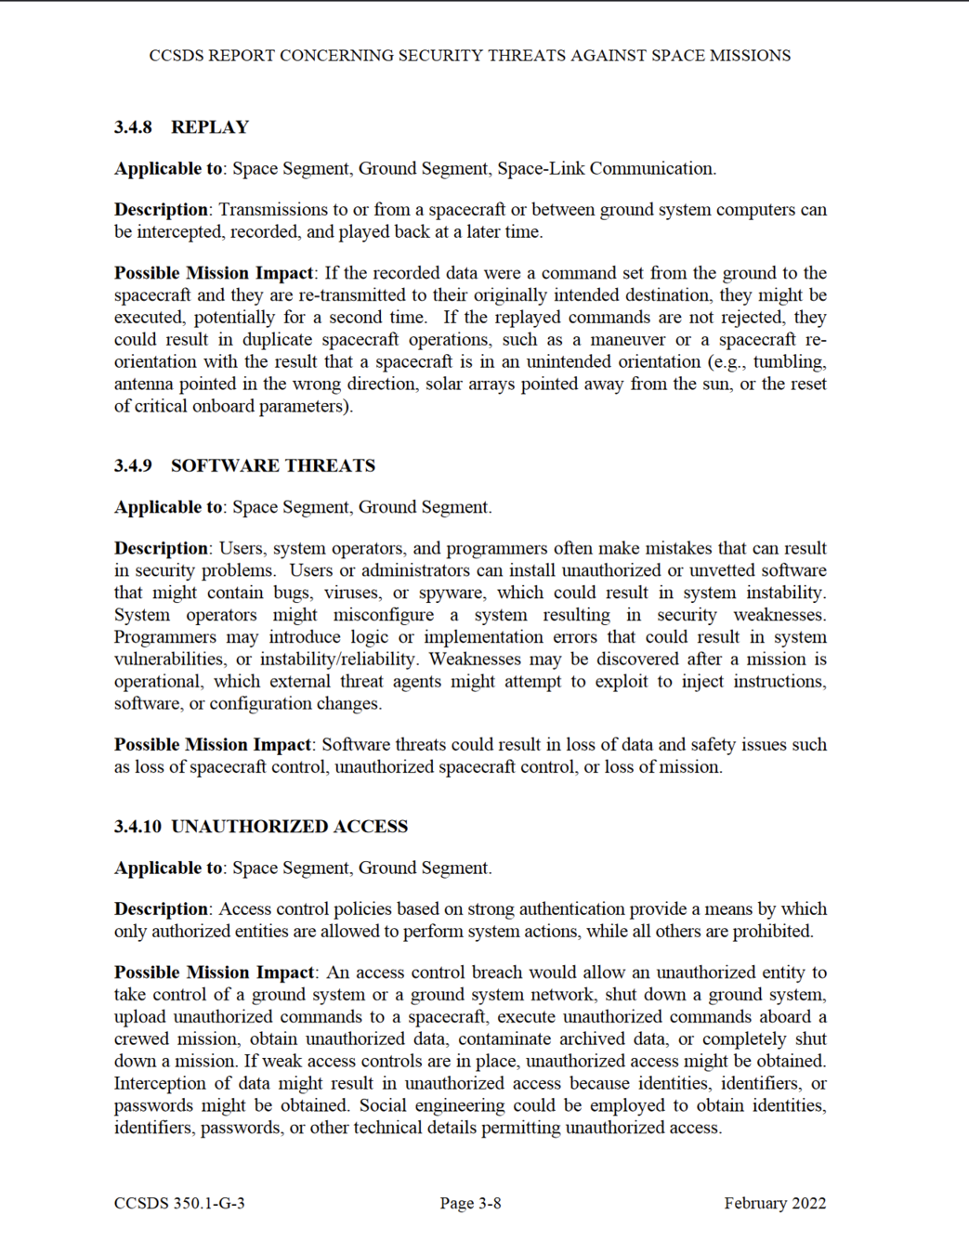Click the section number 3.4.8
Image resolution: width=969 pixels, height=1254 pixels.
(133, 127)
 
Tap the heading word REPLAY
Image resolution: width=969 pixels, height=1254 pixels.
(210, 127)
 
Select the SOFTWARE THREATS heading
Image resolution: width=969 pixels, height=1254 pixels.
(273, 465)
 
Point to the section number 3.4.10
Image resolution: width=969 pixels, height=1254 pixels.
(137, 826)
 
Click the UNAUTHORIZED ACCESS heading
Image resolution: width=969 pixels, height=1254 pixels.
(290, 826)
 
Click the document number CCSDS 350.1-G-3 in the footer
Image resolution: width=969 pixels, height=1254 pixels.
(179, 1203)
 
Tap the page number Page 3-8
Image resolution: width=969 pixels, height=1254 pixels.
(470, 1203)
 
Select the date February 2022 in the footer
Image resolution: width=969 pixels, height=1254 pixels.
(775, 1203)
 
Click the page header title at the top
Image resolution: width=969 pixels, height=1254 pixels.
(470, 56)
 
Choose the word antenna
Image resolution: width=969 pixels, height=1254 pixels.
(144, 384)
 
